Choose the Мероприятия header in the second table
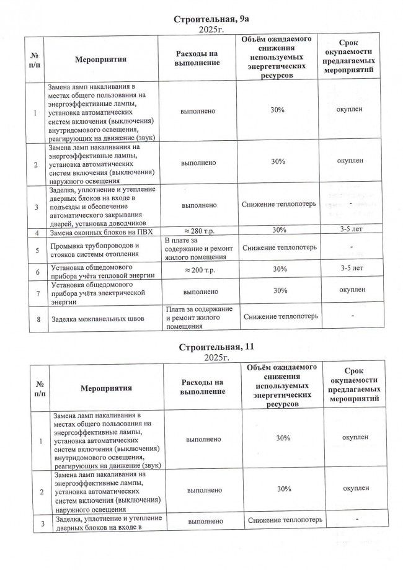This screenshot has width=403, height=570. coord(107,388)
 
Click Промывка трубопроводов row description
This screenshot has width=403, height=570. coord(93,249)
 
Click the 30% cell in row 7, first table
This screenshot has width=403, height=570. coord(278,290)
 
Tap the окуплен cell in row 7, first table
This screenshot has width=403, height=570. coord(352,290)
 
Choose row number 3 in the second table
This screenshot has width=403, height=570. coord(43,523)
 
